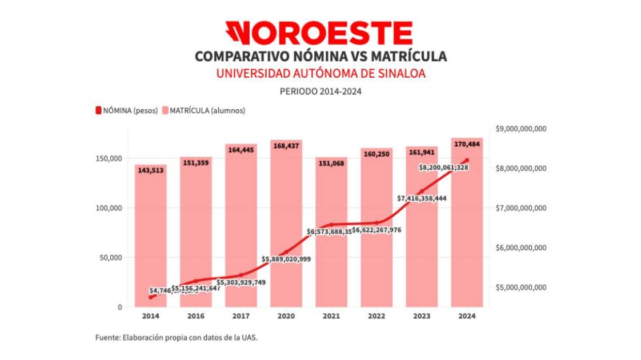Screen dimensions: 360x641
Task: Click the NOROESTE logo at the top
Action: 319,33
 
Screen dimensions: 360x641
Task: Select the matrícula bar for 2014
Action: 151,240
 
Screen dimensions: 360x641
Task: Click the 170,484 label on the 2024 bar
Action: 467,144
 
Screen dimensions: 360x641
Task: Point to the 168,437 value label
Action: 286,146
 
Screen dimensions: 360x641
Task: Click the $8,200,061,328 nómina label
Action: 444,167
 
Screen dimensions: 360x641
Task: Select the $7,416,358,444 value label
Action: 422,198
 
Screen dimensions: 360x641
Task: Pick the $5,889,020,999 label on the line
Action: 286,259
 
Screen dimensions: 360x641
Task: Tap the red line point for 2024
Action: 467,160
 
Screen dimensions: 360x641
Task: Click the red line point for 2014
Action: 151,297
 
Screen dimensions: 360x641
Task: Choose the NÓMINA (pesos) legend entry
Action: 126,110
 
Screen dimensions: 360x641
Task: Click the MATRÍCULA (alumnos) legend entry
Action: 203,110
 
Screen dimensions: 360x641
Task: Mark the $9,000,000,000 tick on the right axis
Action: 522,129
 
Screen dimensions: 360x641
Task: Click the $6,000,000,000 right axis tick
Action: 522,247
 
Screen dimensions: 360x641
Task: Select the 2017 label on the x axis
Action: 241,315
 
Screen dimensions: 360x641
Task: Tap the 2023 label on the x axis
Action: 422,315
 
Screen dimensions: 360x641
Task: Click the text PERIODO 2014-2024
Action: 320,91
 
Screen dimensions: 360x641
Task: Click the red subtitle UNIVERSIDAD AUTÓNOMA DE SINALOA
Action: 320,74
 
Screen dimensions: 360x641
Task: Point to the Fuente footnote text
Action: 177,338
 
